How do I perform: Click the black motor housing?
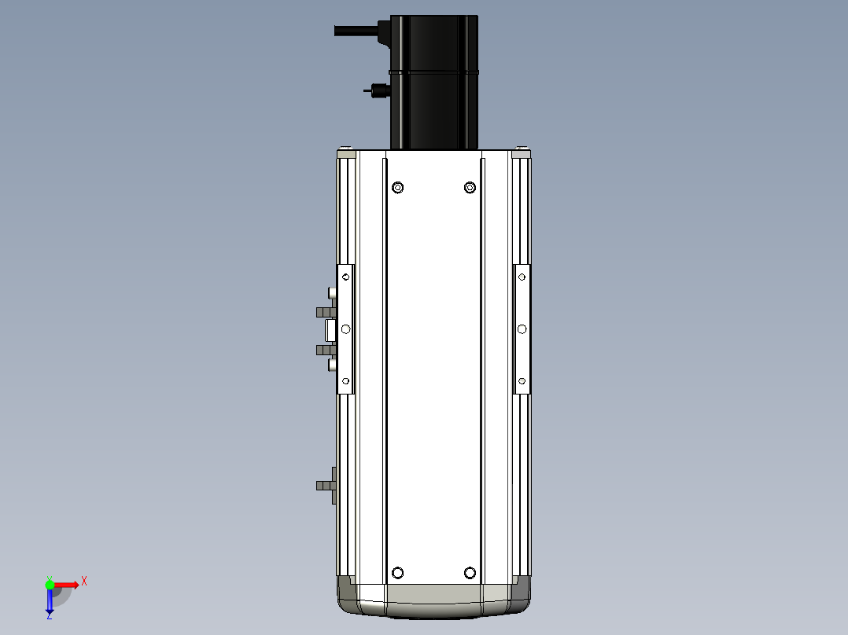(433, 83)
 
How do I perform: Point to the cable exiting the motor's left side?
(356, 31)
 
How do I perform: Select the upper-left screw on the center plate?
(397, 188)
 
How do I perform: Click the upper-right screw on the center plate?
(470, 188)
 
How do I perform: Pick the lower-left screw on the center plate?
(397, 573)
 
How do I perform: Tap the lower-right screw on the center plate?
(470, 573)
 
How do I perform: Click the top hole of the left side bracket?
(345, 277)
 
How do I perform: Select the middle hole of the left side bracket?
(345, 329)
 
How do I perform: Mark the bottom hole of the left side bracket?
(345, 381)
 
